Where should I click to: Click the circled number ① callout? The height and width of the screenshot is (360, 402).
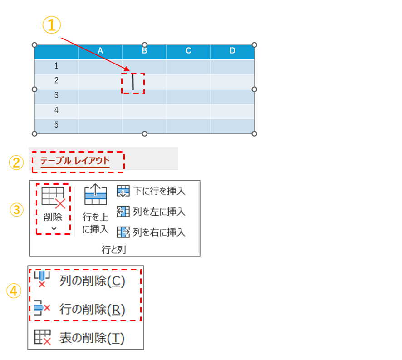pos(52,25)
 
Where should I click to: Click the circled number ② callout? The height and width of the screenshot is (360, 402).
pos(16,163)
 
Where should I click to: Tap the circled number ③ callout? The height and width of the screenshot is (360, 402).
pos(17,210)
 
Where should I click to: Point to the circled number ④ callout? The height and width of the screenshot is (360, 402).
pos(14,291)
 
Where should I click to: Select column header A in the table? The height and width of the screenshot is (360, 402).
pos(100,51)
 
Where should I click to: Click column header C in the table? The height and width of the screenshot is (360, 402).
pos(188,51)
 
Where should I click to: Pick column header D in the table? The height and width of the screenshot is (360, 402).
pos(232,51)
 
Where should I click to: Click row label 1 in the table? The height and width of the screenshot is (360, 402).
pos(56,66)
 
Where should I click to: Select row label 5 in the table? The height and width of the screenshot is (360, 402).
pos(56,125)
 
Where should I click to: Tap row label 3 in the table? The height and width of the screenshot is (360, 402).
pos(56,95)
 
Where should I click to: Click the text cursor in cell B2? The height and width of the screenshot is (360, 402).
pos(133,82)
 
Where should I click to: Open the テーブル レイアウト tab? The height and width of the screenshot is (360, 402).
pos(75,161)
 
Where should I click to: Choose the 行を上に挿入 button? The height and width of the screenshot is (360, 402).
pos(95,209)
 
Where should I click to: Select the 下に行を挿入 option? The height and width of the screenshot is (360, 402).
pos(151,191)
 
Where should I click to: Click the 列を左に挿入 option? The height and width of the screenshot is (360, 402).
pos(151,212)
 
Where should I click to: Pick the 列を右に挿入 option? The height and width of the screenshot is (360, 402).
pos(151,232)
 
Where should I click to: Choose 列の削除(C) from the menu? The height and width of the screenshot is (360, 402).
pos(86,281)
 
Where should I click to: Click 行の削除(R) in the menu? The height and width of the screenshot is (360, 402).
pos(86,309)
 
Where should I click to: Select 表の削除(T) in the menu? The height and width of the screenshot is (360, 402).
pos(86,338)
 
